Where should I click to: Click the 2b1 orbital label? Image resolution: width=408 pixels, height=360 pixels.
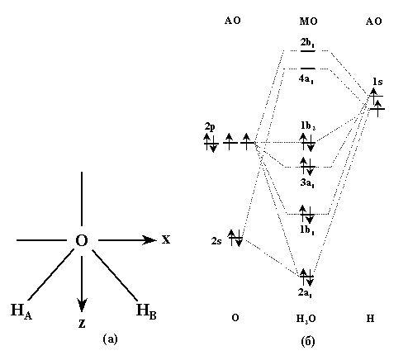click(x=307, y=43)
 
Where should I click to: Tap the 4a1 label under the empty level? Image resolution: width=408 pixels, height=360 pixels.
click(x=306, y=79)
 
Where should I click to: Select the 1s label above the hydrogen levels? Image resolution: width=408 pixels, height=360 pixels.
click(x=377, y=82)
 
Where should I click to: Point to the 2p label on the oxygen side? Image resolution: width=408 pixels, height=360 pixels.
click(x=210, y=126)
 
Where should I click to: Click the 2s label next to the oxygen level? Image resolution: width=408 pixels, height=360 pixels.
click(x=216, y=241)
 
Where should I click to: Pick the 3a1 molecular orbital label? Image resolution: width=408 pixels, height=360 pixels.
click(x=307, y=182)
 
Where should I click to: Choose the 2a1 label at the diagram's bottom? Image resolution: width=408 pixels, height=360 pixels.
click(x=305, y=292)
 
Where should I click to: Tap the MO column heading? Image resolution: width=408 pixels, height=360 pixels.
click(x=308, y=21)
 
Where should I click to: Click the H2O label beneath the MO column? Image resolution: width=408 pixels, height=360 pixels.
click(x=306, y=319)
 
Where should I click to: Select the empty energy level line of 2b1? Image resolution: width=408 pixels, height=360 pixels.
click(x=308, y=51)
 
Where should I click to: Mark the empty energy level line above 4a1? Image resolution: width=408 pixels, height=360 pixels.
click(x=308, y=68)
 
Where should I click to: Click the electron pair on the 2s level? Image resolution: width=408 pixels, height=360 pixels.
click(x=235, y=238)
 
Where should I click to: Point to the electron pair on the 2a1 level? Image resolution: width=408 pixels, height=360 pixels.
click(x=306, y=277)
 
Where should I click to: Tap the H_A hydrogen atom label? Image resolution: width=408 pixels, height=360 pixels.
click(x=21, y=310)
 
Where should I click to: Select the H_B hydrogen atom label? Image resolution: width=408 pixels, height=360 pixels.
click(x=146, y=310)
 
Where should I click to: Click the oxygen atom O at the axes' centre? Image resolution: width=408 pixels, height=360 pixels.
click(x=82, y=240)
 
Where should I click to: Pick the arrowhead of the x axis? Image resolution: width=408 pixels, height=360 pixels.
click(x=150, y=240)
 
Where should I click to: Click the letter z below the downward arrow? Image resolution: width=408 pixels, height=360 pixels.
click(x=82, y=324)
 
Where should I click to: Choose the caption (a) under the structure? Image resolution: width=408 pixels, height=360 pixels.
click(x=110, y=339)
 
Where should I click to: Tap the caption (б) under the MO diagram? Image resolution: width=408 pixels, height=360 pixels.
click(x=308, y=341)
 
